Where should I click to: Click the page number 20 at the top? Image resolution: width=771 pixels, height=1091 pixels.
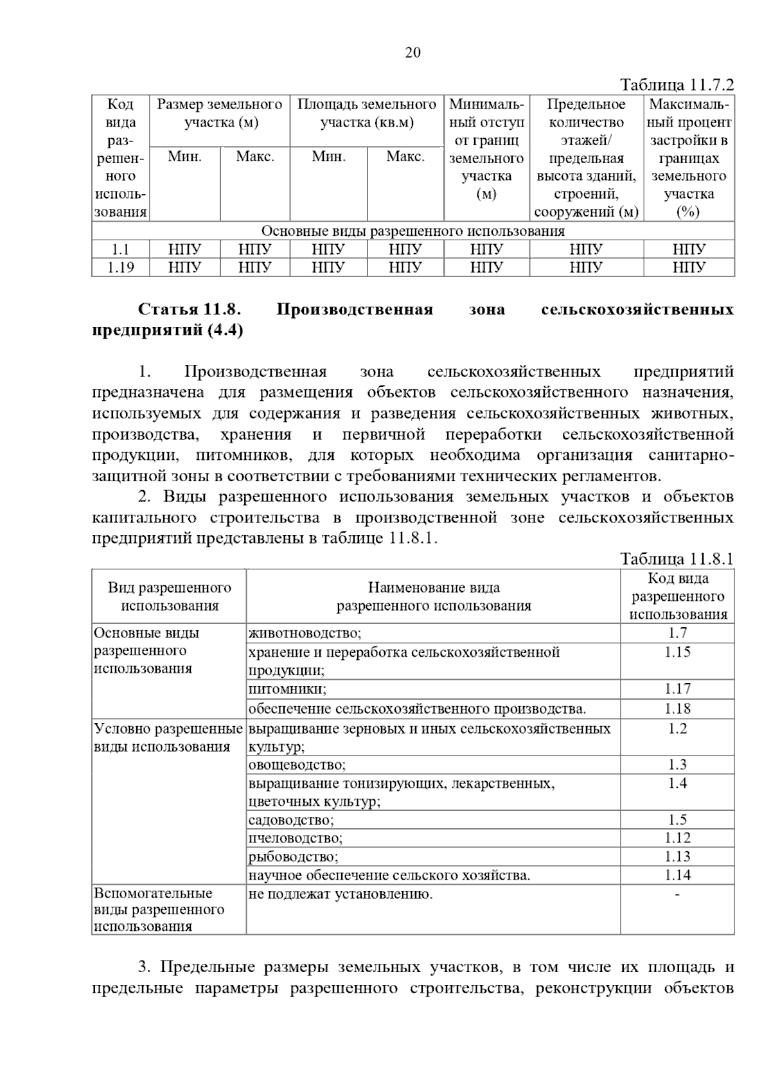412,53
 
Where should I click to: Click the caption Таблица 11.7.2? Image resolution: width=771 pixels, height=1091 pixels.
677,85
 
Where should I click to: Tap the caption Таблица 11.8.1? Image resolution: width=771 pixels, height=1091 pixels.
677,558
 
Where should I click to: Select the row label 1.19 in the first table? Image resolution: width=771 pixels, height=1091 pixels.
120,267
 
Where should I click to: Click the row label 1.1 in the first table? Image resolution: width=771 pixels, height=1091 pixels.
120,249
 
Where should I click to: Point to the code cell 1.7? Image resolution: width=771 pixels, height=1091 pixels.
677,633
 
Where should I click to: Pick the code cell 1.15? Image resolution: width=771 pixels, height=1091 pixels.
677,652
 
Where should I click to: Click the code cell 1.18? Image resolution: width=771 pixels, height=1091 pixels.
677,709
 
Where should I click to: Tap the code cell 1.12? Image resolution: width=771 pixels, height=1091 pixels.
677,838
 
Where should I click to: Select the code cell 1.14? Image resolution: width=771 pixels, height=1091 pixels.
677,875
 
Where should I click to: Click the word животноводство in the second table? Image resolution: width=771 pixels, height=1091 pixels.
305,634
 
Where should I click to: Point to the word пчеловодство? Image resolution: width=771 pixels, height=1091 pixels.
295,838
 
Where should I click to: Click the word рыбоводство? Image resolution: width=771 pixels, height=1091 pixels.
293,857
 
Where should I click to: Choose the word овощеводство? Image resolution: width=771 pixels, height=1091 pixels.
297,765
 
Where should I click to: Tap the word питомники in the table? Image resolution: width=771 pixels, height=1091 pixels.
287,689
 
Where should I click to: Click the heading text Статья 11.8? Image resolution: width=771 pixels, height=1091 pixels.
190,310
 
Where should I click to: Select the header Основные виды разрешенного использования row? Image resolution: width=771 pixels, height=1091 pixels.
412,231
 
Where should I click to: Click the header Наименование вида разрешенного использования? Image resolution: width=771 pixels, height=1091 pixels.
434,596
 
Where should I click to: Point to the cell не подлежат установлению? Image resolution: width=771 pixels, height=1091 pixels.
340,894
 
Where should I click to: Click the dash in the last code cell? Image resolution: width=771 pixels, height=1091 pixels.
677,894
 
